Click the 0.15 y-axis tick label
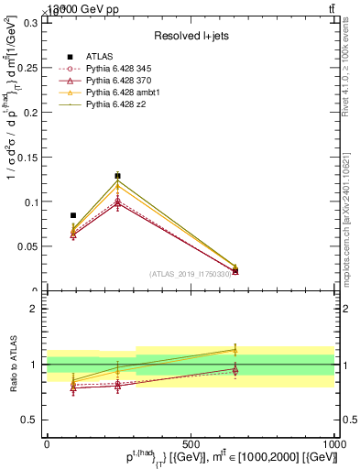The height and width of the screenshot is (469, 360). tap(28, 157)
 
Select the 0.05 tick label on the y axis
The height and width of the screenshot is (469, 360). tap(28, 246)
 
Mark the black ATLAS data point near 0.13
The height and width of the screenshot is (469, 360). tap(117, 176)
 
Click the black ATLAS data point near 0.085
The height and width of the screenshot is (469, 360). tap(73, 215)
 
